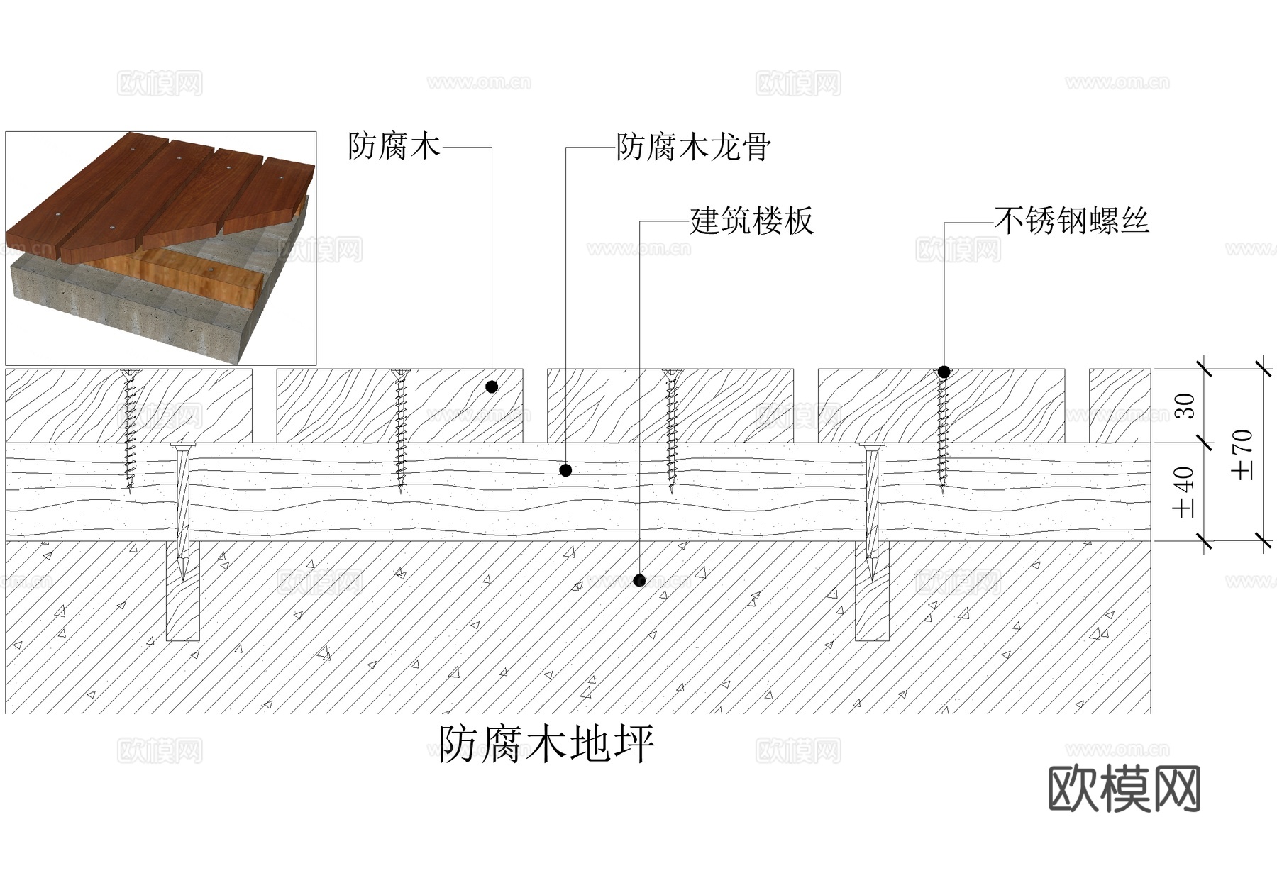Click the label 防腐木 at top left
(394, 147)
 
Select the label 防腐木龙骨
(693, 148)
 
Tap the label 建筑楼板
(751, 221)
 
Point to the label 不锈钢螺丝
(1071, 221)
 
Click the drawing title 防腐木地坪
(546, 744)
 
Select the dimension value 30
(1185, 406)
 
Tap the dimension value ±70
(1243, 455)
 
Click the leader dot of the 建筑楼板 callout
(639, 579)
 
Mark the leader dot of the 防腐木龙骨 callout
(565, 469)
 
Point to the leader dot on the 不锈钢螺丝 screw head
(944, 372)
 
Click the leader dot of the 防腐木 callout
(492, 387)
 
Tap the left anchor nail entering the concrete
(182, 511)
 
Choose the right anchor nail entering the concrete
(871, 511)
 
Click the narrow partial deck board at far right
(1120, 406)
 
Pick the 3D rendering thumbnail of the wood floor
(161, 248)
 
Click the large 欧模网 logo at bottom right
(1124, 788)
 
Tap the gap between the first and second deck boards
(264, 406)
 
